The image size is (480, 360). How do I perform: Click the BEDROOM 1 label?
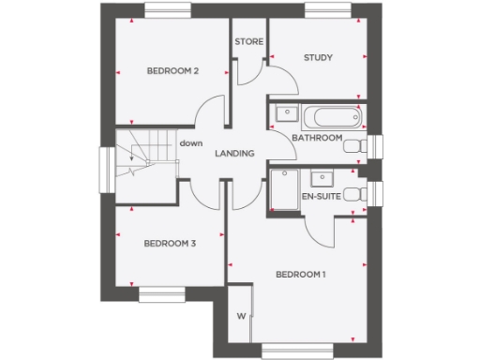point(300,275)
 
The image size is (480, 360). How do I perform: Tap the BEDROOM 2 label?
point(172,71)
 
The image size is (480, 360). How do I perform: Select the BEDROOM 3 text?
point(170,244)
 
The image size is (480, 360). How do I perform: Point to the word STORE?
point(248,42)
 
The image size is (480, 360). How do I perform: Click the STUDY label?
point(318,58)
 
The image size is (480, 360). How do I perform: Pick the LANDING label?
point(234,154)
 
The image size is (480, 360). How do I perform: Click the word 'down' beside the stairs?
point(191,142)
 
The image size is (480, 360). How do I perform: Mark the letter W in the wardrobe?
point(241,316)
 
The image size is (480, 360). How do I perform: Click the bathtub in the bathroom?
point(332,118)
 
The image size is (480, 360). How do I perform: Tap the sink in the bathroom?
point(285,115)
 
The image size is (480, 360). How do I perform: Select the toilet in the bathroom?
point(353,147)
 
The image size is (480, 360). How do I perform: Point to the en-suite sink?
point(322,176)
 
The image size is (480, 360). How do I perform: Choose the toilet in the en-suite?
point(353,195)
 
